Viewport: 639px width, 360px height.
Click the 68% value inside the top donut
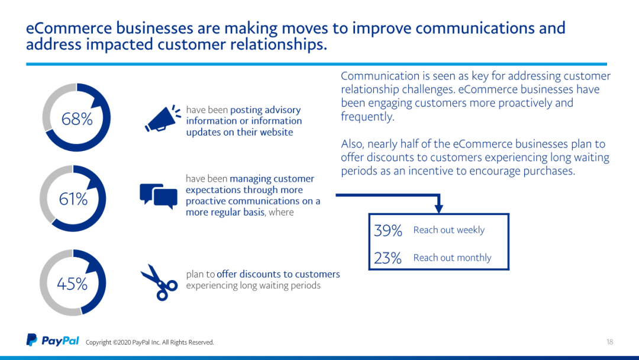77,119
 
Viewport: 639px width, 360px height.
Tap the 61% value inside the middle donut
73,200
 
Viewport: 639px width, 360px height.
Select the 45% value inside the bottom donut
72,284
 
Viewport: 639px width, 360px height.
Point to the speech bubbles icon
159,196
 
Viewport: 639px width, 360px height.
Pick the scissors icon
159,282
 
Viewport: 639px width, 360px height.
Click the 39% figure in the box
388,231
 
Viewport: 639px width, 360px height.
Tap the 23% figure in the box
388,258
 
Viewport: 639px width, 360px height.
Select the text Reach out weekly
449,230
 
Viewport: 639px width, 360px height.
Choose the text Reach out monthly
453,258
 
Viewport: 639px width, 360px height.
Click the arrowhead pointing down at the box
438,208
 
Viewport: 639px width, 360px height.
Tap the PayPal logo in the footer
53,340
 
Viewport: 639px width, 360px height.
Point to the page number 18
609,342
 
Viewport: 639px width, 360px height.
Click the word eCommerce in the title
69,28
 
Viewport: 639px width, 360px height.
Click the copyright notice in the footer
150,342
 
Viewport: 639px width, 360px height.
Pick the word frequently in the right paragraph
367,117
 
